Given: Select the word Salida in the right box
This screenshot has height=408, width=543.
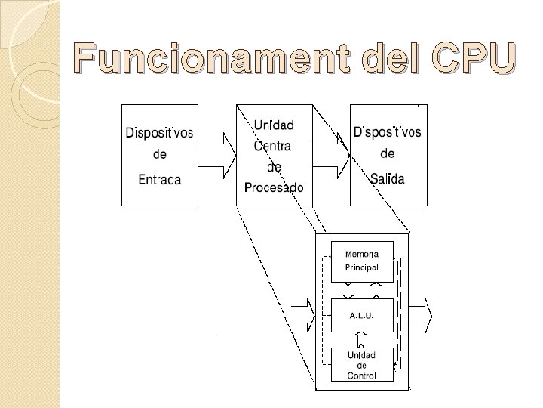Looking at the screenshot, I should [388, 178].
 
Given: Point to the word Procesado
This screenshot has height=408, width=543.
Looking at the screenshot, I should [274, 187].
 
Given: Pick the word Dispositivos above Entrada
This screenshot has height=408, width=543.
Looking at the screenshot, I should [159, 133].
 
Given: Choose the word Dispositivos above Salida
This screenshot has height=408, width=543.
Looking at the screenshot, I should [388, 132].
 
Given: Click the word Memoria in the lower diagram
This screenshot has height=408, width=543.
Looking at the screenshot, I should [362, 254].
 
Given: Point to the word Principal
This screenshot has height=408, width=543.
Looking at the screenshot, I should [362, 267].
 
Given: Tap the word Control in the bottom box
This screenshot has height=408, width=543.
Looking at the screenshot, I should [362, 375].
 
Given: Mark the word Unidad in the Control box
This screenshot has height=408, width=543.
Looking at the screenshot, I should [362, 355].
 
